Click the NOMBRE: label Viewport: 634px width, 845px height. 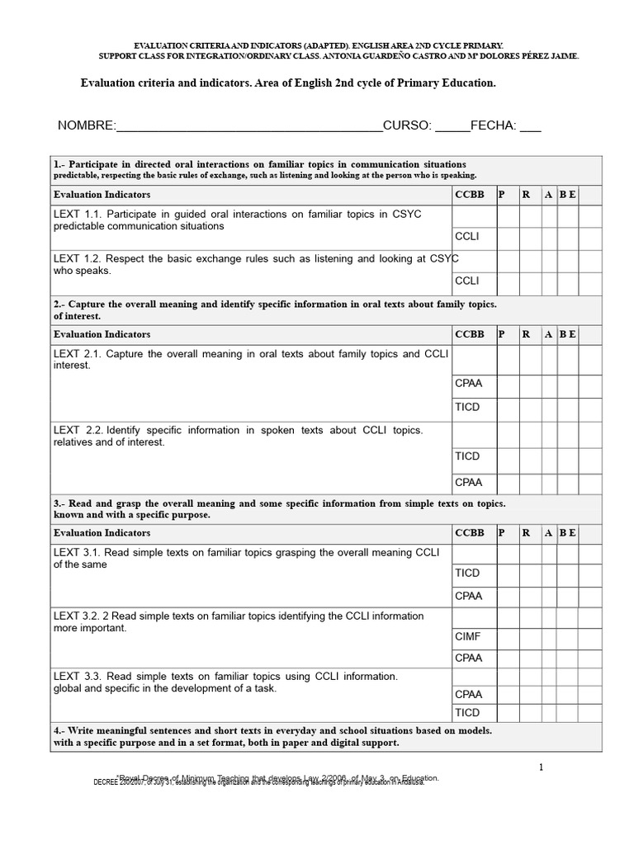coord(87,125)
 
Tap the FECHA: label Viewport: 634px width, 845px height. coord(494,125)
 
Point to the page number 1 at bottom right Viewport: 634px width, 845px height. coord(541,767)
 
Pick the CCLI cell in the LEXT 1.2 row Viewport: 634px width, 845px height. coord(467,281)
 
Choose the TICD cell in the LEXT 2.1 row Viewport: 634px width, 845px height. coord(467,407)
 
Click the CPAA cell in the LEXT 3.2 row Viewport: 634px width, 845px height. coord(468,658)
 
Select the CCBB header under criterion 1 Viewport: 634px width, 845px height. coord(470,194)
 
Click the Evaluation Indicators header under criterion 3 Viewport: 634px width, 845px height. coord(102,533)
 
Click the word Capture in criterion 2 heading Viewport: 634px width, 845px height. coord(92,304)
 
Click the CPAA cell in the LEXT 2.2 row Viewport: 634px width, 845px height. coord(468,482)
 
